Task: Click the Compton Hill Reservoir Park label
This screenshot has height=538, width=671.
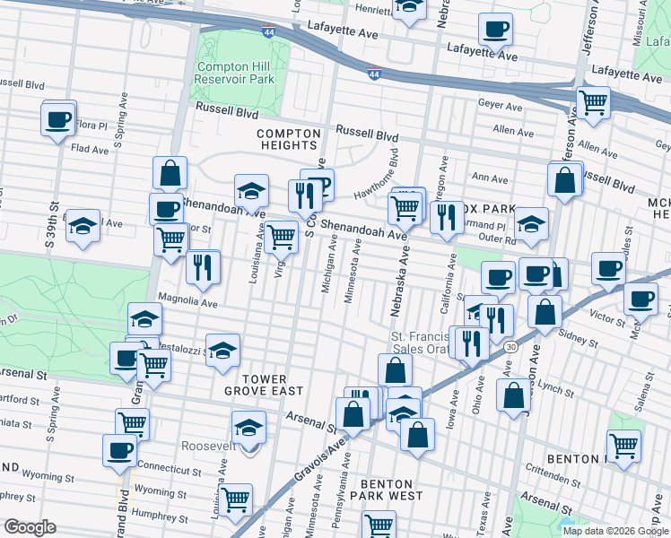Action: click(234, 73)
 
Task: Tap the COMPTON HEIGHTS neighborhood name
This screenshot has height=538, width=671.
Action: click(287, 139)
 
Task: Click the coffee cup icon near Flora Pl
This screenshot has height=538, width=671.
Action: click(58, 118)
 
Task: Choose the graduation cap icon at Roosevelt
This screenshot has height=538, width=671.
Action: click(248, 427)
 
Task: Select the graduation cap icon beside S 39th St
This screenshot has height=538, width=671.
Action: click(83, 226)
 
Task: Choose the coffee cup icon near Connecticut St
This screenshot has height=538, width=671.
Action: click(119, 450)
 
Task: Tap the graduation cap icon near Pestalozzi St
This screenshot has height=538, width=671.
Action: click(223, 351)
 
